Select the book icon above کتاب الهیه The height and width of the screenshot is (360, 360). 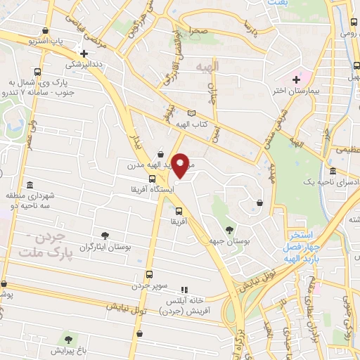(x=192, y=113)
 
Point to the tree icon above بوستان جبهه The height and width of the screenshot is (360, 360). (x=229, y=229)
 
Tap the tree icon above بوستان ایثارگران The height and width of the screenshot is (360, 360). (x=105, y=236)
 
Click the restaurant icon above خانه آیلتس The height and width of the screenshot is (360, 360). (x=184, y=289)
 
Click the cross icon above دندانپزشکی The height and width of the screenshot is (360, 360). (x=84, y=53)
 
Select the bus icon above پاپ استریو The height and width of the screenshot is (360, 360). (x=46, y=31)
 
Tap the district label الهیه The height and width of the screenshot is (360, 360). (x=208, y=65)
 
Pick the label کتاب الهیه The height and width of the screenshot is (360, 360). (x=192, y=125)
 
